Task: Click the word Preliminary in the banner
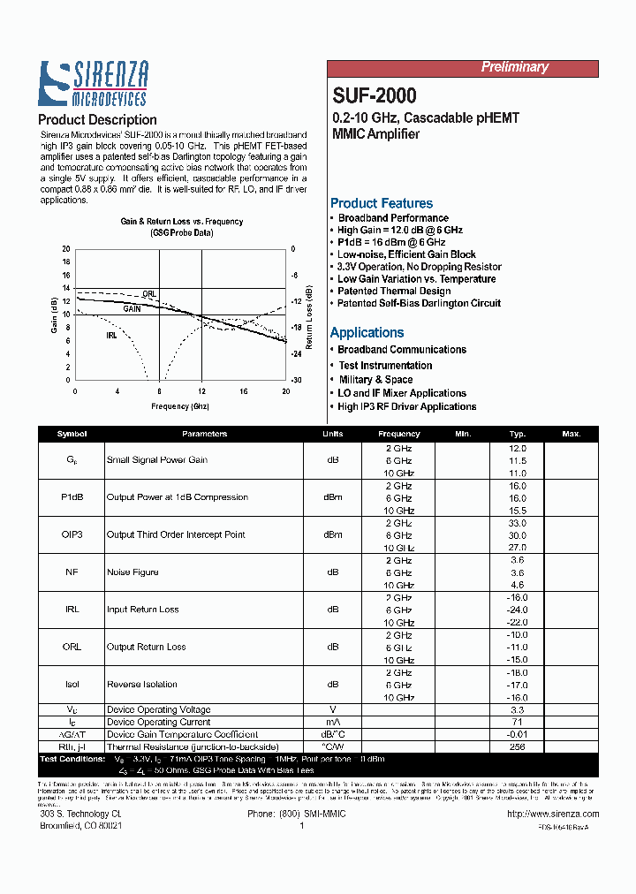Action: pyautogui.click(x=514, y=67)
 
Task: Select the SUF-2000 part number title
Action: pyautogui.click(x=375, y=95)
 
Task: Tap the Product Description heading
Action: pyautogui.click(x=97, y=119)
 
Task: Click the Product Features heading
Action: pyautogui.click(x=381, y=203)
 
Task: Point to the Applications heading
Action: pyautogui.click(x=367, y=332)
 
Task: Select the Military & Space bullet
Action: pyautogui.click(x=375, y=379)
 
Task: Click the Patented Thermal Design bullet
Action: pyautogui.click(x=394, y=291)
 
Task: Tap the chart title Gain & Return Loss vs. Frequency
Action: pyautogui.click(x=182, y=222)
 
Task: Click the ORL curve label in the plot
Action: pyautogui.click(x=150, y=294)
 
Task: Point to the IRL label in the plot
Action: pyautogui.click(x=111, y=336)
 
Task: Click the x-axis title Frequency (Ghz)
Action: pyautogui.click(x=180, y=406)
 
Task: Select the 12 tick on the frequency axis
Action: pyautogui.click(x=201, y=390)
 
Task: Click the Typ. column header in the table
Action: pyautogui.click(x=518, y=434)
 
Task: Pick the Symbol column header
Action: pyautogui.click(x=72, y=434)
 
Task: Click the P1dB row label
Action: pyautogui.click(x=72, y=497)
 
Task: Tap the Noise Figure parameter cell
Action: pyautogui.click(x=132, y=572)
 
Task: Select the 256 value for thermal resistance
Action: pyautogui.click(x=518, y=746)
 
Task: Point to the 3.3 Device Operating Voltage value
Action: pyautogui.click(x=518, y=709)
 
